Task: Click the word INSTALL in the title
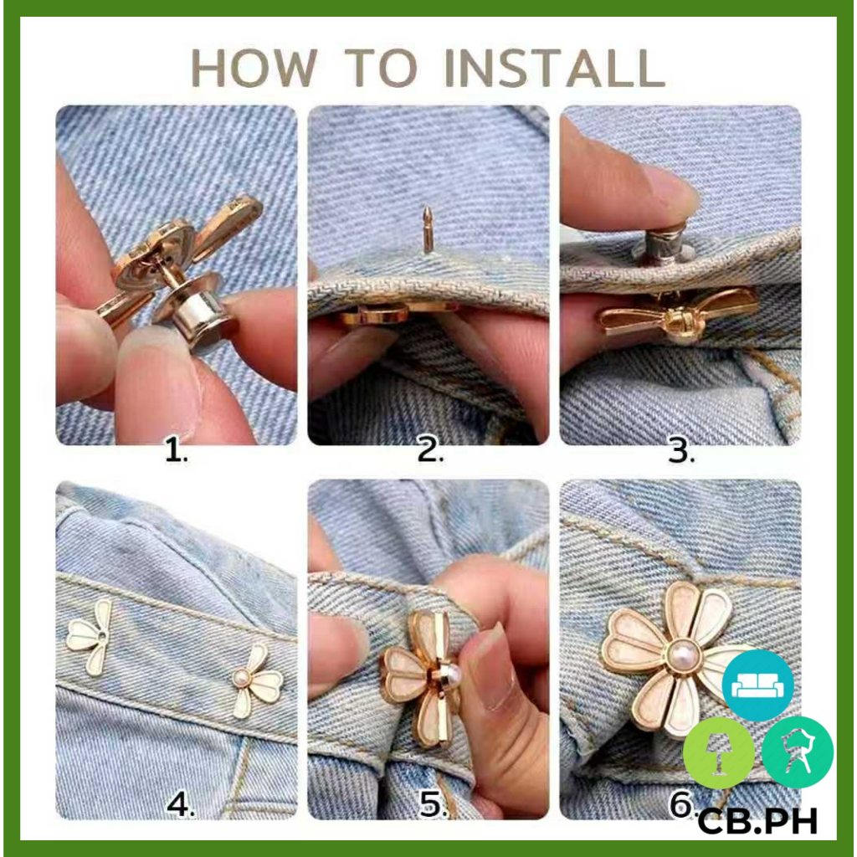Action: pos(555,69)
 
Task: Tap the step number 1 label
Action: pos(177,452)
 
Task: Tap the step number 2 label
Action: pos(430,452)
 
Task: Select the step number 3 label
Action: pos(681,452)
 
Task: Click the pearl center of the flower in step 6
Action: pos(680,655)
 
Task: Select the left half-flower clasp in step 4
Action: pos(90,637)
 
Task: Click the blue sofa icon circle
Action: pos(757,685)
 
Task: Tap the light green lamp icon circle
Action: pos(719,753)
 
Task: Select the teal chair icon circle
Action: pos(798,752)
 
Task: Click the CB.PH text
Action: pos(757,820)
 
